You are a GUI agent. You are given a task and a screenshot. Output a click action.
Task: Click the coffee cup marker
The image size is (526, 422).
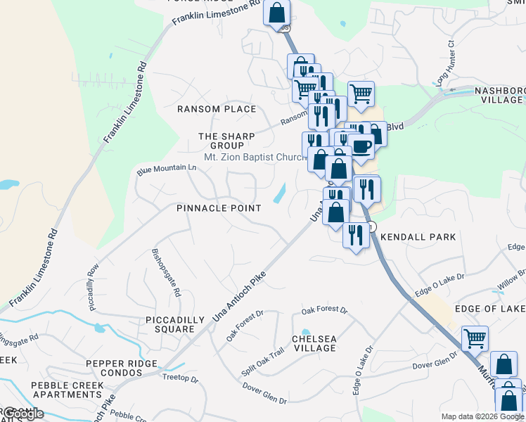click(361, 147)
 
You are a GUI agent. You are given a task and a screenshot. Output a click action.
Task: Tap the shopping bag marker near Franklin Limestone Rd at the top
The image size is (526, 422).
click(277, 12)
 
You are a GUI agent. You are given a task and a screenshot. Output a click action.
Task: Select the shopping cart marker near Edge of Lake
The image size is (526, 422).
click(475, 338)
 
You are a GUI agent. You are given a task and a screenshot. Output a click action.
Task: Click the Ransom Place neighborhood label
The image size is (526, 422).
click(217, 109)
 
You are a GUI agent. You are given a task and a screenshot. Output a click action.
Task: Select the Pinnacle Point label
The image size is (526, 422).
click(219, 208)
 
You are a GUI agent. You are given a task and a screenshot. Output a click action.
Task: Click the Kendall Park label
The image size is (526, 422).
click(418, 238)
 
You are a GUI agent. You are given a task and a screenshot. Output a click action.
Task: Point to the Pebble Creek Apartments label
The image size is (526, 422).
click(67, 390)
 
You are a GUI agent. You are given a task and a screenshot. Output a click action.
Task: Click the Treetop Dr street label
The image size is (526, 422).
click(180, 379)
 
